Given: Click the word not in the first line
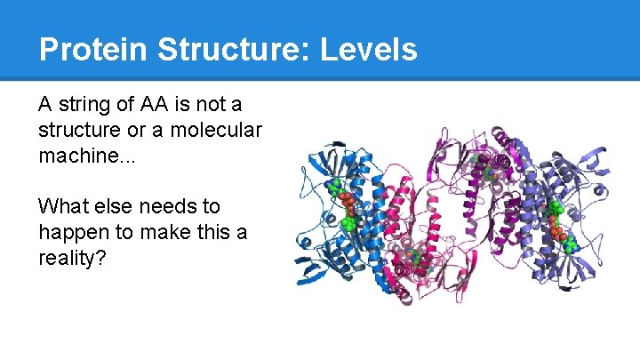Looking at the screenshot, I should pos(212,104).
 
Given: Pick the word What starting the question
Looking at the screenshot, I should pos(60,207).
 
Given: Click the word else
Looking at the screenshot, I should pos(109,207).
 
